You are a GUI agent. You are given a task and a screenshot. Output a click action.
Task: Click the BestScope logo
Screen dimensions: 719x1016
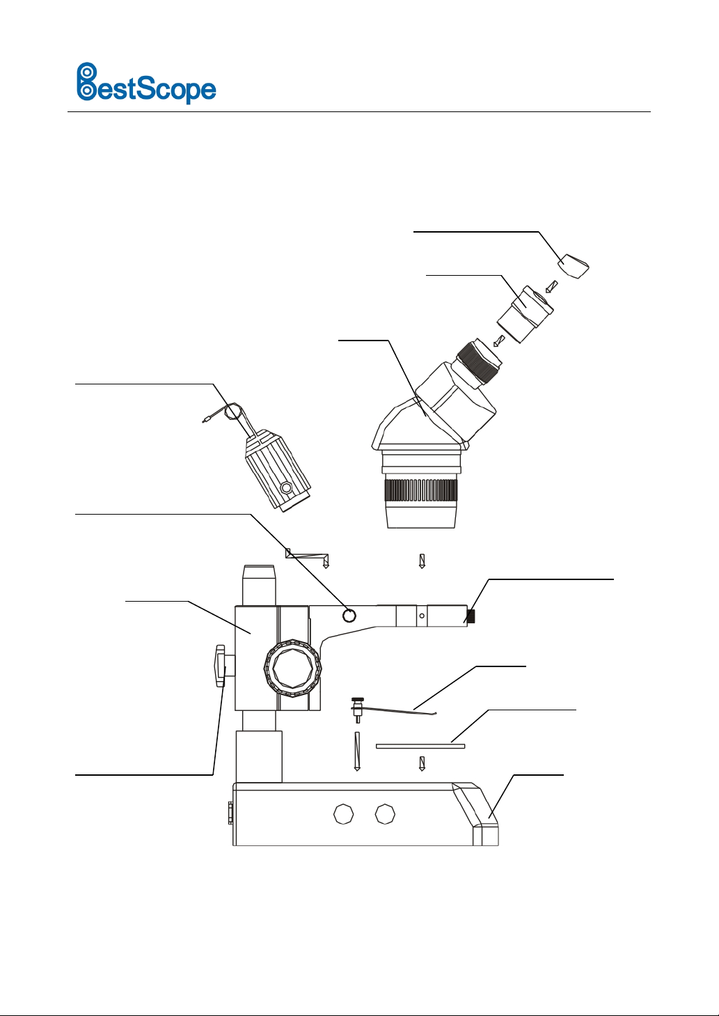tap(146, 83)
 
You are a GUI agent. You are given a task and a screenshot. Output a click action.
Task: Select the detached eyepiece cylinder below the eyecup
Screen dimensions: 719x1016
tap(525, 313)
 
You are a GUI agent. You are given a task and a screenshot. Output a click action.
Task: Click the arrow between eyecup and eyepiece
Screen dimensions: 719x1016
tap(551, 287)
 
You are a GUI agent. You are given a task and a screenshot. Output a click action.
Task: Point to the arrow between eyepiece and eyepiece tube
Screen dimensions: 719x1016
tap(499, 341)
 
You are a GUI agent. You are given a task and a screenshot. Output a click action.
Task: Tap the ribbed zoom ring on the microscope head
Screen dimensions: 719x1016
tap(420, 490)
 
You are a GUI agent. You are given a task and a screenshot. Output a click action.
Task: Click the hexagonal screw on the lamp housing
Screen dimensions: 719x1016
tap(285, 488)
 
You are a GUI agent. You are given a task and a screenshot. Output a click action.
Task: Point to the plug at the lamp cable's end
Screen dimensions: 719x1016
tap(205, 420)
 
